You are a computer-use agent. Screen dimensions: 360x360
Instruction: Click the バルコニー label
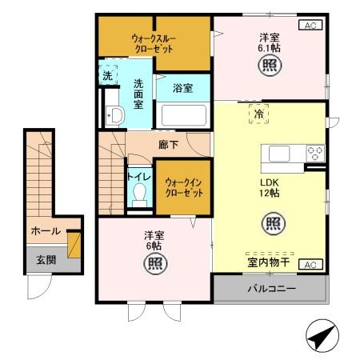(x=270, y=288)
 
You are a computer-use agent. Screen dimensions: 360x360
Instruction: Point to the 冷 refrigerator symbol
(x=258, y=114)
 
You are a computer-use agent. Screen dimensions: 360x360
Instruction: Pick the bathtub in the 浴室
(x=183, y=116)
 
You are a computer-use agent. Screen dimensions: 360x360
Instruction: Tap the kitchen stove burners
(x=314, y=152)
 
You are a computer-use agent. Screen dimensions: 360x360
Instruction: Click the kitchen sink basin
(x=281, y=153)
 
